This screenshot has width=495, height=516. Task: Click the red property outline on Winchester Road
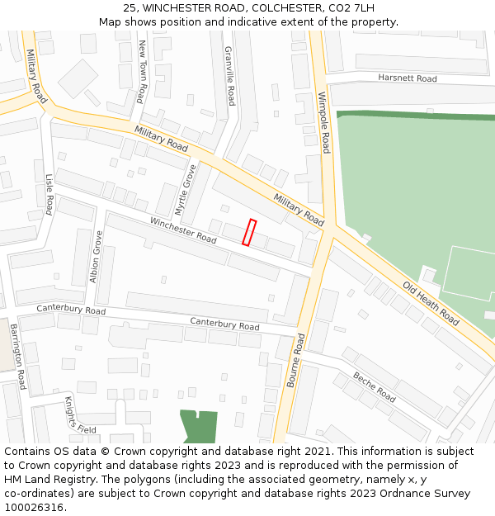click(x=249, y=233)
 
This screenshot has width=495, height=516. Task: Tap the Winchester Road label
click(x=183, y=230)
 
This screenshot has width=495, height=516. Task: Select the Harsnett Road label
click(x=407, y=78)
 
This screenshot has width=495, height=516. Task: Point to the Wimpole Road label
click(x=324, y=122)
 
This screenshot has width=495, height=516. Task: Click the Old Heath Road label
click(x=431, y=303)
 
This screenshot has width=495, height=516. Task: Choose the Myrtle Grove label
click(x=187, y=189)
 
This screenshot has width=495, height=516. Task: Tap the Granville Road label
click(x=230, y=76)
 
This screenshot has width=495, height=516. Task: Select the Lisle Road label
click(x=49, y=194)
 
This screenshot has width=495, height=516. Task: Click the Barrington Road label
click(x=17, y=357)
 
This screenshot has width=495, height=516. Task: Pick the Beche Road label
click(x=375, y=386)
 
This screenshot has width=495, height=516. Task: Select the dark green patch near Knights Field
click(x=199, y=426)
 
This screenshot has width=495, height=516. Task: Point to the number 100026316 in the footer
click(x=33, y=508)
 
